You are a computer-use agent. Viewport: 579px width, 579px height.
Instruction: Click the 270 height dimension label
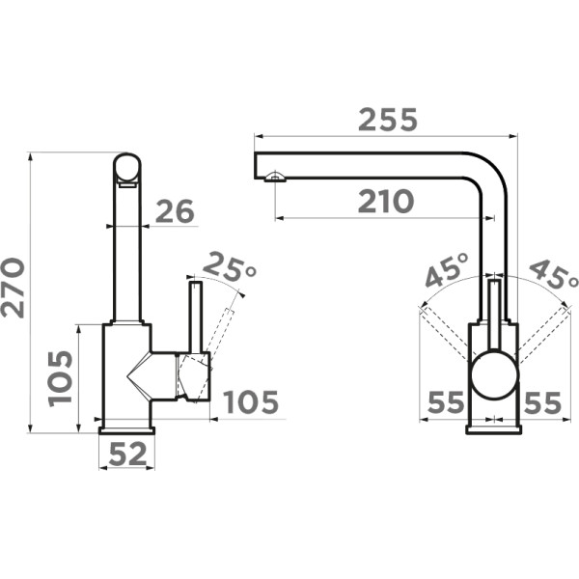pos(14,288)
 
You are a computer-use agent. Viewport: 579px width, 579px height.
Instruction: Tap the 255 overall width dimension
pos(387,120)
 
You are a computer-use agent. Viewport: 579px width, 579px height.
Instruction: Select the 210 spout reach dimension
pos(385,202)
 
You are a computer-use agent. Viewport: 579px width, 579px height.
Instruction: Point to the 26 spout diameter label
pos(175,211)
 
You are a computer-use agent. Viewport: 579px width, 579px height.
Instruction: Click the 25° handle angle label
pos(229,267)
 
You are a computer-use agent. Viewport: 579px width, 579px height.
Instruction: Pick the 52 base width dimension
pos(127,454)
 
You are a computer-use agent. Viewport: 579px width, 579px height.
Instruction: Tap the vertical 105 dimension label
pos(61,378)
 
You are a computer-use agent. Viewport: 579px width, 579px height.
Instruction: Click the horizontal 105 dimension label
pos(252,401)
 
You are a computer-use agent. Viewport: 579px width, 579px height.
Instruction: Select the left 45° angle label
pos(447,269)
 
